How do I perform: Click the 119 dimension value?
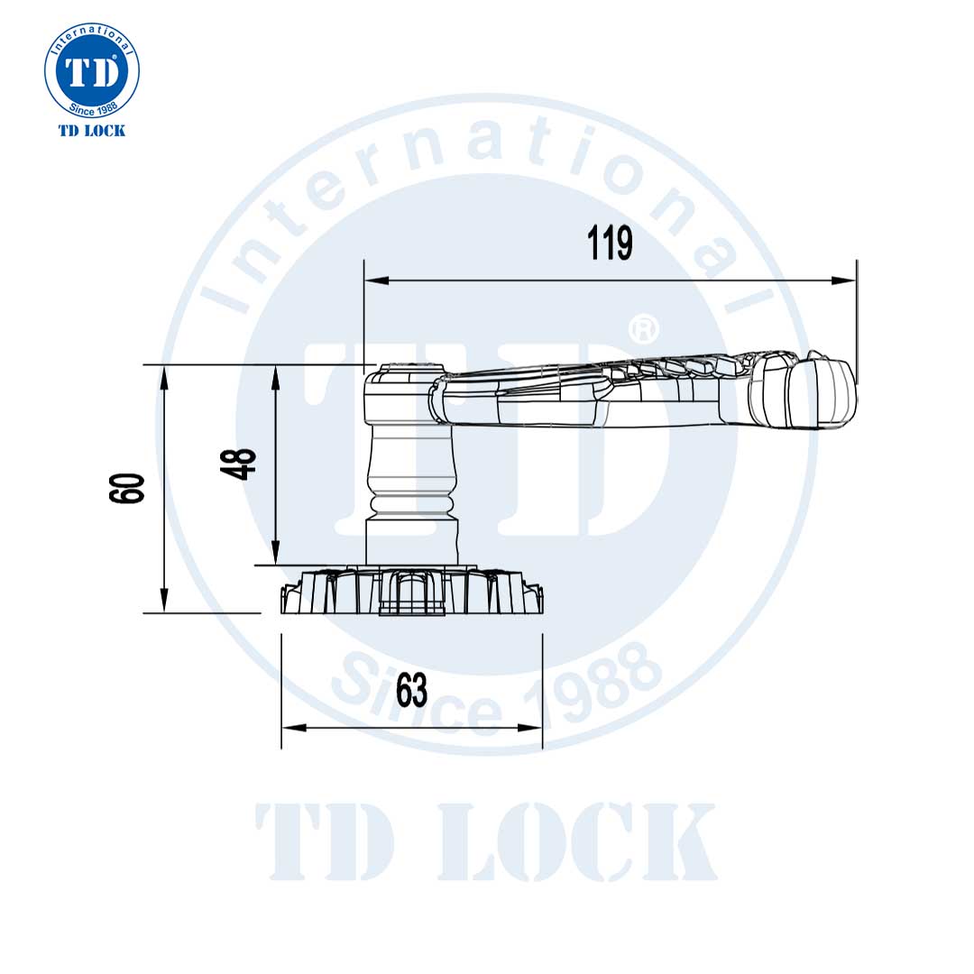(x=611, y=243)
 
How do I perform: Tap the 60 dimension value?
(x=128, y=488)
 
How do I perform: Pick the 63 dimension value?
(x=411, y=692)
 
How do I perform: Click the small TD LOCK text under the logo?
(x=92, y=131)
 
